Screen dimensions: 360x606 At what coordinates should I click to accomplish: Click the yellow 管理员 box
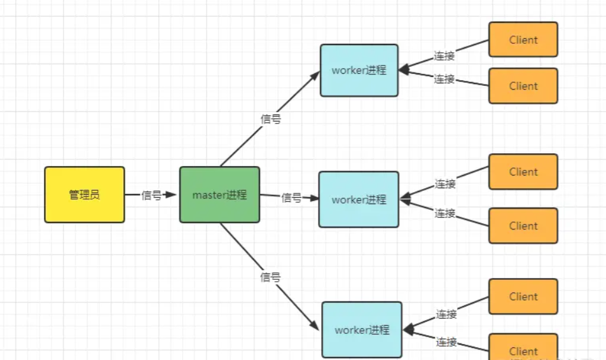[85, 195]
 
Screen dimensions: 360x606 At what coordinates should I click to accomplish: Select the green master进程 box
[219, 195]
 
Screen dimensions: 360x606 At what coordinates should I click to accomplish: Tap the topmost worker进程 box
[359, 70]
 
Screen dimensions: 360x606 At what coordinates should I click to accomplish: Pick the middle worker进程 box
[359, 199]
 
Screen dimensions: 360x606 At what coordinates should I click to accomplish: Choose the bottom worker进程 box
[362, 329]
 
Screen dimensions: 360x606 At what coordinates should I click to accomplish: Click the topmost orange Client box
[523, 39]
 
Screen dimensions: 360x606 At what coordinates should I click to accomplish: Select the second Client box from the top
[523, 86]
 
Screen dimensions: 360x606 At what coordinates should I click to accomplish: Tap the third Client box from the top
[523, 172]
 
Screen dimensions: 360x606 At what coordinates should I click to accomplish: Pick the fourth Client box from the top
[523, 226]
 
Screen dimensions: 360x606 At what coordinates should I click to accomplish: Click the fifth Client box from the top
[523, 296]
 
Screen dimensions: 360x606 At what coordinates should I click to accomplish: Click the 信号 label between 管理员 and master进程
[151, 195]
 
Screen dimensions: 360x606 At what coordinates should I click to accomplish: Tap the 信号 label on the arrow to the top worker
[271, 119]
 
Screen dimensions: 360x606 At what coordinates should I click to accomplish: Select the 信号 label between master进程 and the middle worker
[291, 198]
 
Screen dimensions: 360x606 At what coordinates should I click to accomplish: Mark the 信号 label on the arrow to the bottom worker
[271, 277]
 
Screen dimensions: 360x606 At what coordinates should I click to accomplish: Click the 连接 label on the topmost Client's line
[444, 56]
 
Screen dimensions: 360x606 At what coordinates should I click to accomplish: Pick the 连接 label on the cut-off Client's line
[446, 342]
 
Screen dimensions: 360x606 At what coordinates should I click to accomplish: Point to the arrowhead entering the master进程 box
[172, 195]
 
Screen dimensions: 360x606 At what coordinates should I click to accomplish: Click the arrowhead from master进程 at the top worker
[315, 74]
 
